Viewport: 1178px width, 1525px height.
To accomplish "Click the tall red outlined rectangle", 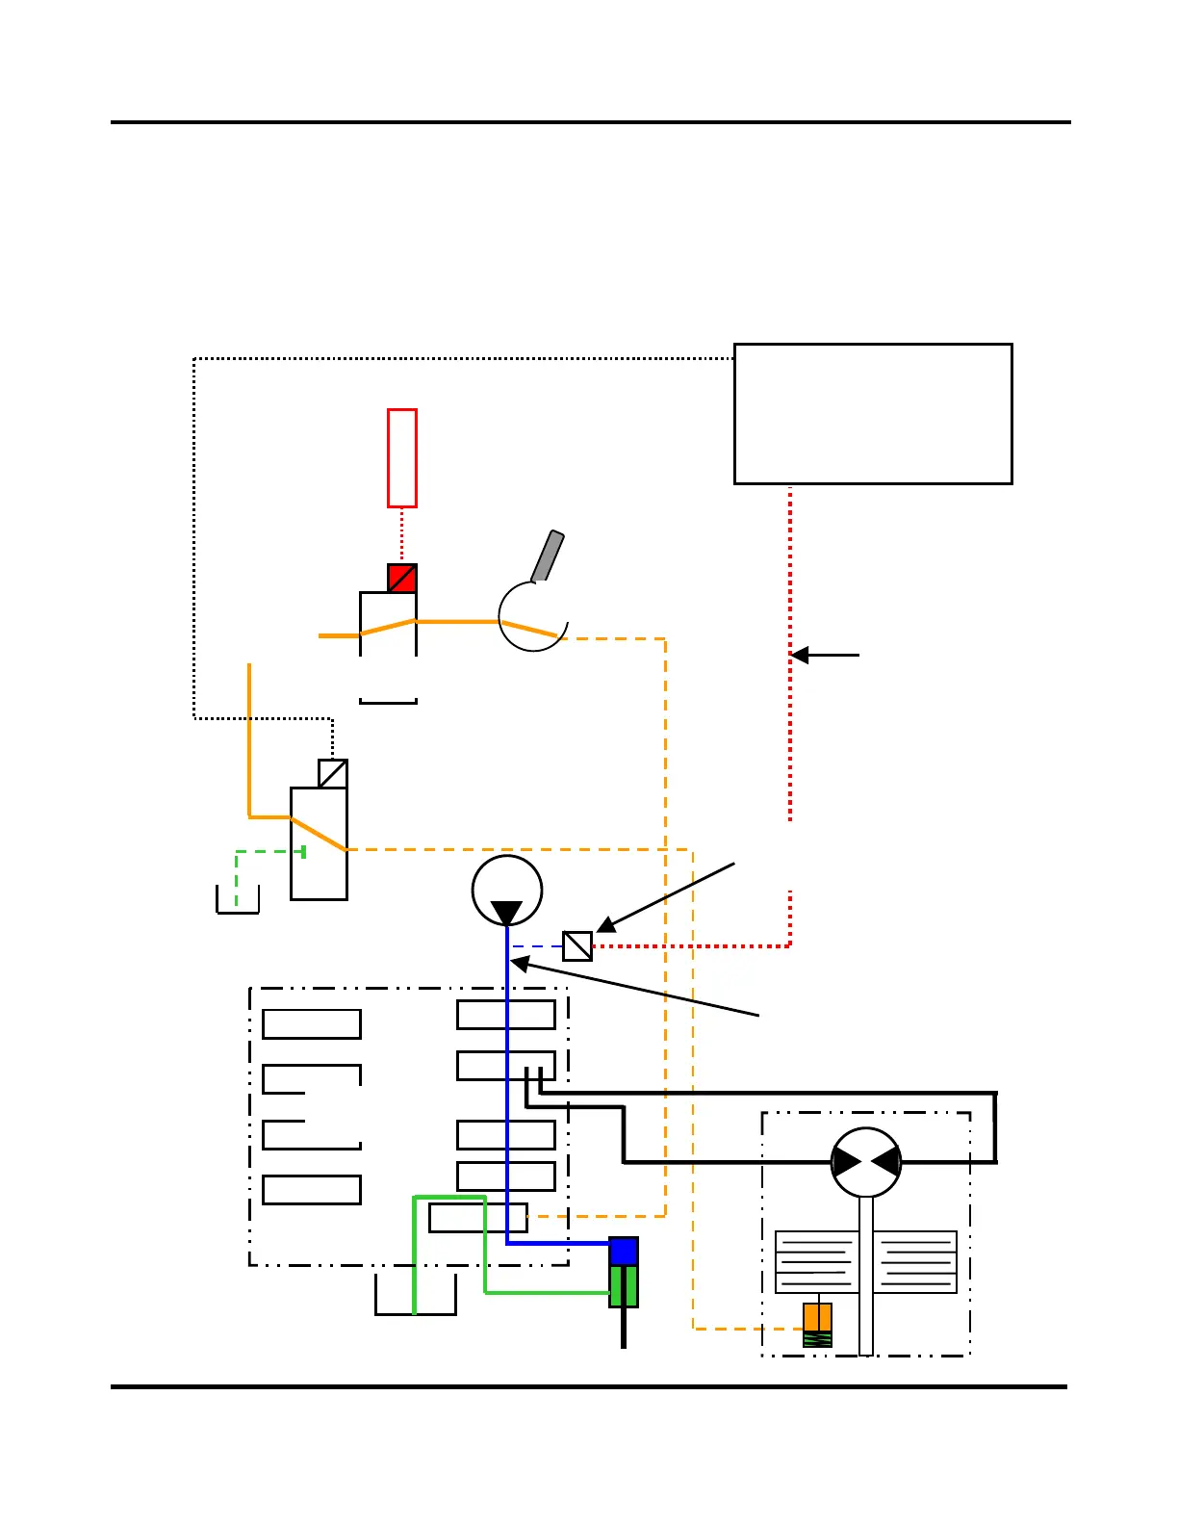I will (402, 457).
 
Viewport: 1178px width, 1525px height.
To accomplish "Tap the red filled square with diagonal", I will (402, 578).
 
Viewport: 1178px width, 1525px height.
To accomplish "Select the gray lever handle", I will (548, 556).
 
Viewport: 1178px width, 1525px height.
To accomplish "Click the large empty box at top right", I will (873, 413).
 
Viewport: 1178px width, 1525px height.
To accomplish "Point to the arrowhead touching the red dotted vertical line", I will (800, 655).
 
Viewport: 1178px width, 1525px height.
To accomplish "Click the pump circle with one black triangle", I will (507, 891).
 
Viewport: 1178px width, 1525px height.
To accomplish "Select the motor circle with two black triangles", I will (866, 1162).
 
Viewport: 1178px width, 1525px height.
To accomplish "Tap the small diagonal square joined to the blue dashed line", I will (577, 946).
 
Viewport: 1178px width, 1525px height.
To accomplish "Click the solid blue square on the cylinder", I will (624, 1252).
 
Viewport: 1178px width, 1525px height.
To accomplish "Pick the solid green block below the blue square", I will (624, 1286).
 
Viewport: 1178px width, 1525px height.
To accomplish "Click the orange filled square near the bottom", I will (817, 1317).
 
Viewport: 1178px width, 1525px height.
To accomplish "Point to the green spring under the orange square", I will (817, 1339).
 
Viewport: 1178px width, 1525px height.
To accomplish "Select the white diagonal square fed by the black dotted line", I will (333, 774).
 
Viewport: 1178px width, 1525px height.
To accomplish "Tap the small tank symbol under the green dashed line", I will (238, 901).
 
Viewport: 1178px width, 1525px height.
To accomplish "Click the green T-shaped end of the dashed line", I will (304, 851).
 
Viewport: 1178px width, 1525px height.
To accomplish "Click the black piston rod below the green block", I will (624, 1328).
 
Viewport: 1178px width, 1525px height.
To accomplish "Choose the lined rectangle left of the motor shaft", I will (817, 1261).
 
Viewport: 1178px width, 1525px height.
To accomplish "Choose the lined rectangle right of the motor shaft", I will (915, 1261).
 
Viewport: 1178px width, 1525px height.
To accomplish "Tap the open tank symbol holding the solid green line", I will (416, 1296).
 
